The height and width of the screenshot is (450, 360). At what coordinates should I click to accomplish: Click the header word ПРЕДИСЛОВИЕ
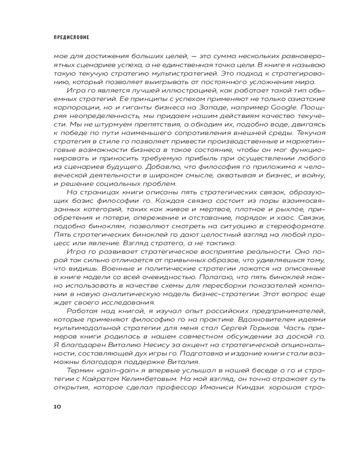pyautogui.click(x=71, y=37)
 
